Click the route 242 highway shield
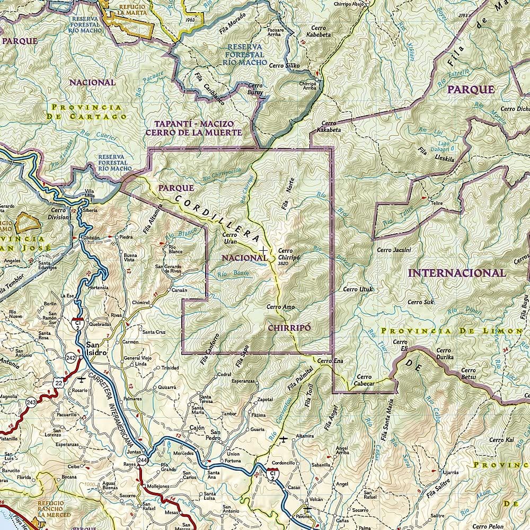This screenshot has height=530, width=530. click(71, 358)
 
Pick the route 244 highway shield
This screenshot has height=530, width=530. click(142, 460)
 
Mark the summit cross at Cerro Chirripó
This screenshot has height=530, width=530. click(263, 249)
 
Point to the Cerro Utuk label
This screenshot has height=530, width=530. click(358, 289)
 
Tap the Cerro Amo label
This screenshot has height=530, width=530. click(280, 307)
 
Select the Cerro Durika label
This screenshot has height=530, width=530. click(444, 354)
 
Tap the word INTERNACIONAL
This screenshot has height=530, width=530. click(457, 273)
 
